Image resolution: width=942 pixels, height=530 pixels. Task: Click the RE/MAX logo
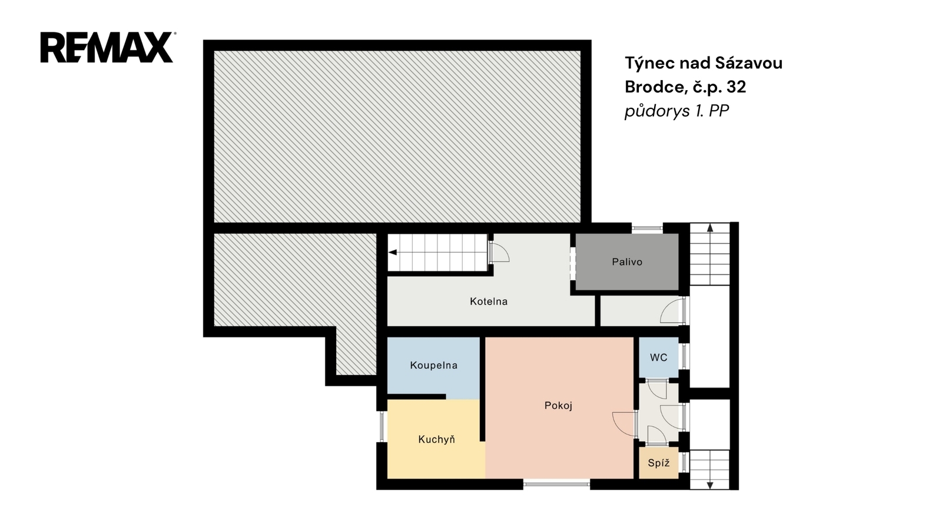(x=107, y=48)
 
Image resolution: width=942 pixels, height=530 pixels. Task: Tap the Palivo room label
(x=627, y=262)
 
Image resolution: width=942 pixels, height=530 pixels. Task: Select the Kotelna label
(x=489, y=302)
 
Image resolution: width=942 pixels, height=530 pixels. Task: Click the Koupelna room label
(x=433, y=366)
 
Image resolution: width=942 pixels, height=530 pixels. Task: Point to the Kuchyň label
(x=436, y=439)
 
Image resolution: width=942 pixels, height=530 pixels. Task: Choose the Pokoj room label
(x=559, y=406)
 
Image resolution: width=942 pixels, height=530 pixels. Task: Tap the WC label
(x=659, y=357)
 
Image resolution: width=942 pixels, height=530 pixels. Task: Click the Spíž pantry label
(x=659, y=463)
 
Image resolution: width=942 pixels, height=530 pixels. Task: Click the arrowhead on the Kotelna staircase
(x=393, y=253)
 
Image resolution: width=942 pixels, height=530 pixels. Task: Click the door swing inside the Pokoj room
(x=625, y=424)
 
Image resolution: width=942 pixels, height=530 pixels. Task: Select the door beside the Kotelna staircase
(x=499, y=252)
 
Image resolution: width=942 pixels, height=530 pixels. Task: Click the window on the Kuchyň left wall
(x=382, y=426)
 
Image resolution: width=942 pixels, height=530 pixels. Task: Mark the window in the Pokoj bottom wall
(x=557, y=484)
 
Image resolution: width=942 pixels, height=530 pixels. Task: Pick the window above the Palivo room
(x=647, y=228)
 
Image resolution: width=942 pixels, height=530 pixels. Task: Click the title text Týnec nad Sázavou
(x=704, y=63)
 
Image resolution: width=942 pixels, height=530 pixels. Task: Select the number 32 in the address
(x=737, y=87)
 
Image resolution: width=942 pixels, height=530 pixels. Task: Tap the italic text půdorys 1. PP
(x=676, y=111)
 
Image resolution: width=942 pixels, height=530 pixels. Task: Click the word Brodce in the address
(x=654, y=87)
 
